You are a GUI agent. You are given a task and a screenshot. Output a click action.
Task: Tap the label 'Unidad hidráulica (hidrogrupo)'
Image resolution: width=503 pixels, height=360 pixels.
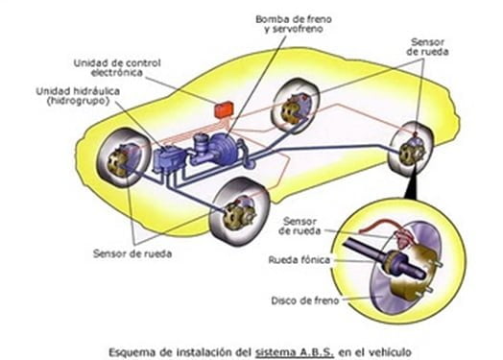pos(71,95)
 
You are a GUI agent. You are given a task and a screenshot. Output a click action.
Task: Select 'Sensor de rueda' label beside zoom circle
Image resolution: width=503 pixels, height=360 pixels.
pos(300,226)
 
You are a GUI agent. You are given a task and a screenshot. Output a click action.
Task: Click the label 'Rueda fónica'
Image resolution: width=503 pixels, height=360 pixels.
pos(297,259)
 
